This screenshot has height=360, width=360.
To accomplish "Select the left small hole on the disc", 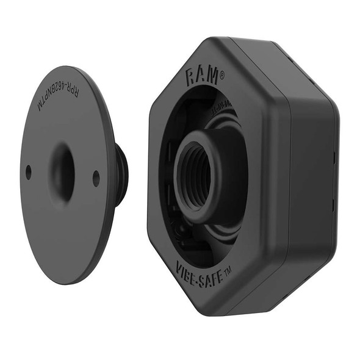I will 28,173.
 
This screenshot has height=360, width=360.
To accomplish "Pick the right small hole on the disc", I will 96,178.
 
